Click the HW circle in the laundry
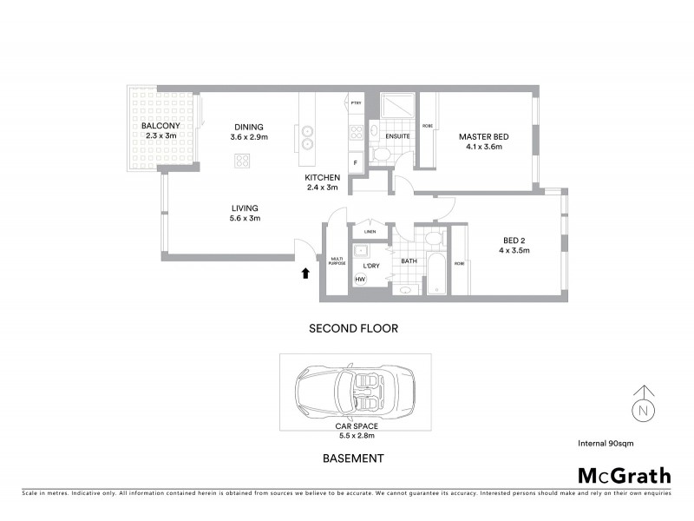[361, 279]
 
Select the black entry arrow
[304, 274]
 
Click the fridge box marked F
[356, 162]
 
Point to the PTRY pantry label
[356, 104]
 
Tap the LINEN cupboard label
[370, 232]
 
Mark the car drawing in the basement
[355, 391]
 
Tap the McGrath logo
[624, 475]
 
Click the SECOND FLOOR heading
[353, 329]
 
